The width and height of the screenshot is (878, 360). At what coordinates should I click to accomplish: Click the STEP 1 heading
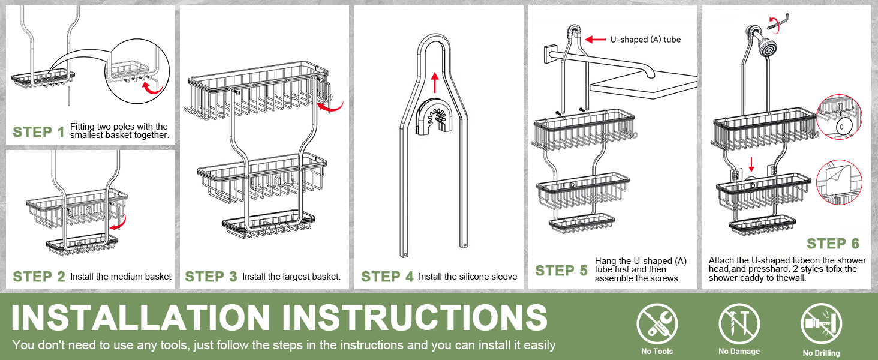click(x=38, y=132)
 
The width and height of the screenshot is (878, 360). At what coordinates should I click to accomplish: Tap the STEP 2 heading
click(x=39, y=277)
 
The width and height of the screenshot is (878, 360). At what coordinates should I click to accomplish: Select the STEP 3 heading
click(x=211, y=277)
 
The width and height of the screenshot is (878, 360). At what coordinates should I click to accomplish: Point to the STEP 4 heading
click(x=387, y=277)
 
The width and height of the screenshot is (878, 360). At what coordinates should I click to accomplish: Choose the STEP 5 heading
click(x=561, y=271)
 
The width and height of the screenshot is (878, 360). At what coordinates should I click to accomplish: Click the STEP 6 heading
click(x=833, y=244)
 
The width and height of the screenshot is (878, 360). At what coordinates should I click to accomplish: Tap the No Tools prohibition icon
click(x=657, y=324)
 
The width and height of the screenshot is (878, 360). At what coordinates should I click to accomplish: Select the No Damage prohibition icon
click(x=739, y=324)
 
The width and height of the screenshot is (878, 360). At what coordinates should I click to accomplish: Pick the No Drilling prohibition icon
click(x=822, y=324)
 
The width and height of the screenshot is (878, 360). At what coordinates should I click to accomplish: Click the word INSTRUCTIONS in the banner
click(x=414, y=317)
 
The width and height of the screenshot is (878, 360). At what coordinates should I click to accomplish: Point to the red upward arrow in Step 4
click(x=435, y=82)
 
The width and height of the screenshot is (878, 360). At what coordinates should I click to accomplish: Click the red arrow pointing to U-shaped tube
click(x=596, y=39)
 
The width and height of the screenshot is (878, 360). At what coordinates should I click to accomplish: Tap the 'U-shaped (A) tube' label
click(x=645, y=40)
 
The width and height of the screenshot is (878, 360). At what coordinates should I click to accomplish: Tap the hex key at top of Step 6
click(x=778, y=22)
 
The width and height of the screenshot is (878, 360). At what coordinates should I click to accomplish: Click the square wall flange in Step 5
click(x=549, y=55)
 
